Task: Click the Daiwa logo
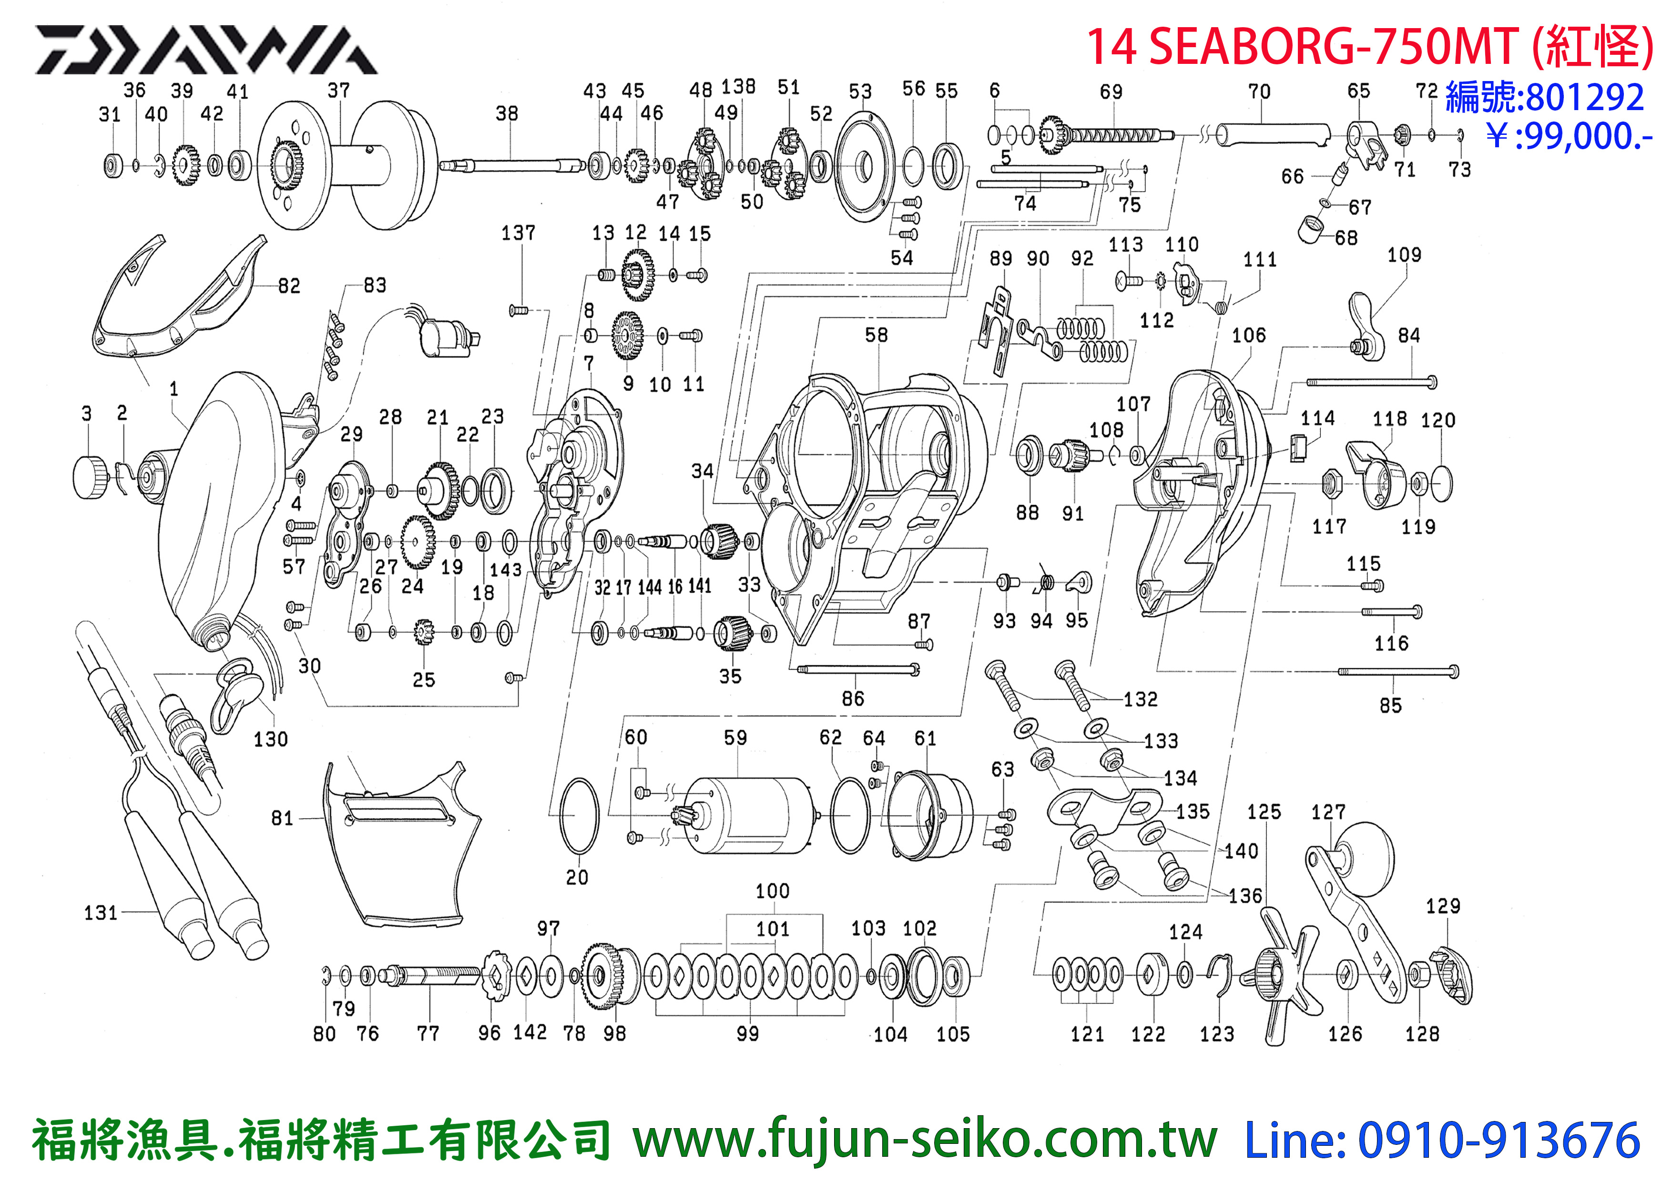[x=206, y=50]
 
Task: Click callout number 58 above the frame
[x=876, y=335]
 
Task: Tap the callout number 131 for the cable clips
[x=101, y=913]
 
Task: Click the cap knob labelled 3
[x=92, y=478]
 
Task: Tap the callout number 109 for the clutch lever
[x=1404, y=255]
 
